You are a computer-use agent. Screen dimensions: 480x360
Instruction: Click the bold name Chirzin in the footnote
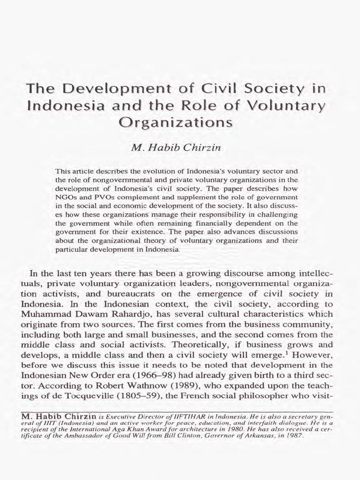coord(81,415)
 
